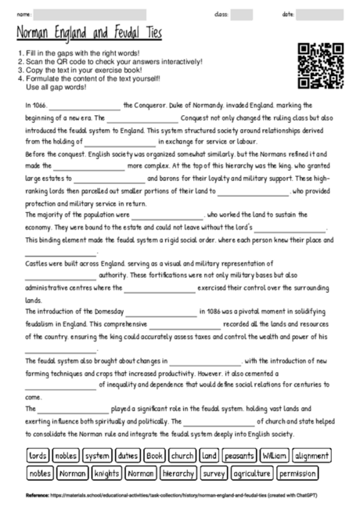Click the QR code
tap(321, 66)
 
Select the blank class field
tap(242, 14)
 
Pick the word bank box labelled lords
tap(38, 455)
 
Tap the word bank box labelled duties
tap(128, 455)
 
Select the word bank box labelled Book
tap(154, 455)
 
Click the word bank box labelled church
tap(182, 455)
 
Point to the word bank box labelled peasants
tap(239, 455)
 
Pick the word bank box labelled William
tap(274, 455)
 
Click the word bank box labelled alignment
tap(311, 455)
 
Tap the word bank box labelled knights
tap(106, 473)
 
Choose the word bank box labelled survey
tap(214, 473)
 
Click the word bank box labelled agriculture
tap(253, 473)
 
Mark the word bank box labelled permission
tap(297, 473)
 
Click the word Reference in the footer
tap(37, 496)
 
